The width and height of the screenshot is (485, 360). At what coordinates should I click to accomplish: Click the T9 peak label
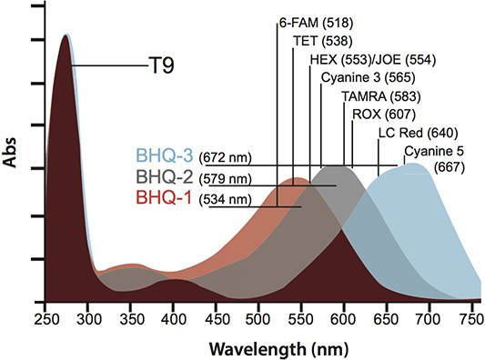tap(161, 65)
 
